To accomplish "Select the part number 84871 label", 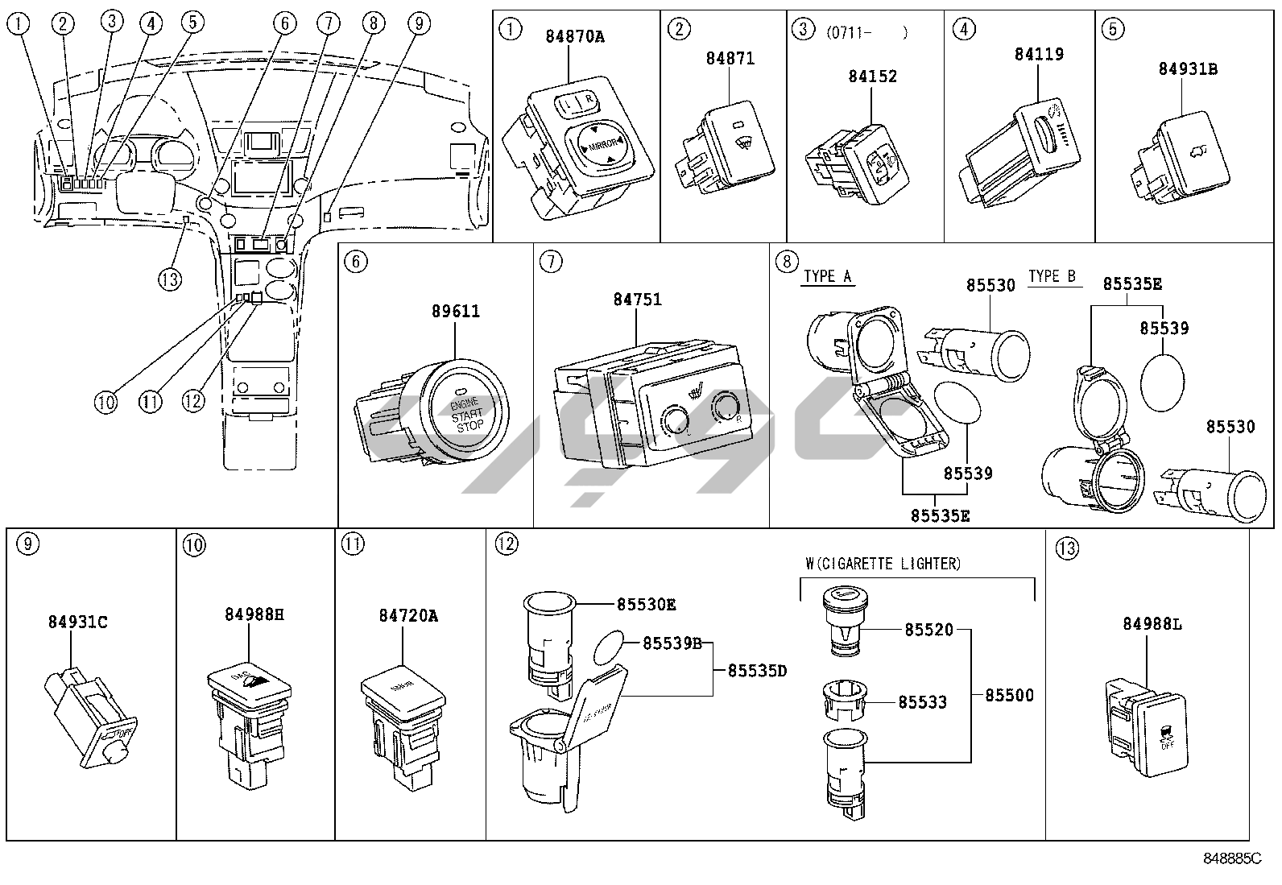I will tap(730, 59).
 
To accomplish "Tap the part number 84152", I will tap(872, 77).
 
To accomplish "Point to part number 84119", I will tap(1039, 55).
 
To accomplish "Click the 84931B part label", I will tap(1188, 69).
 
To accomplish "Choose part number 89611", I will tap(456, 312).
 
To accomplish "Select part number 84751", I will tap(637, 299).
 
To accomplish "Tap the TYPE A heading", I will tap(827, 277).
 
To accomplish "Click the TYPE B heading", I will tap(1052, 277).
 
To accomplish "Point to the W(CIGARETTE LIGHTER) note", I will tap(883, 564).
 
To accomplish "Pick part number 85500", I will tap(1009, 695).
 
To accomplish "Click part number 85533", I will tap(922, 702).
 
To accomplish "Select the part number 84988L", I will tap(1152, 624).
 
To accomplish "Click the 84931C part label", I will tap(78, 622).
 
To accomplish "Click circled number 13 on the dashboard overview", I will tap(170, 279).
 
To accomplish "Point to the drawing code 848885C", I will tap(1231, 859).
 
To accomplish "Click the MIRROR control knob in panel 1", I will tap(601, 144).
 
